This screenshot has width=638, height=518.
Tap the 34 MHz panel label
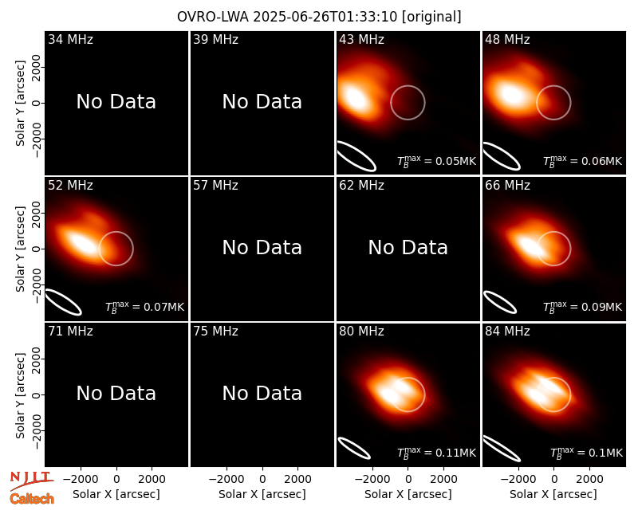[70, 39]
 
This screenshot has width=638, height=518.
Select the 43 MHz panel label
[361, 39]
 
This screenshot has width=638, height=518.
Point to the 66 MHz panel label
[507, 186]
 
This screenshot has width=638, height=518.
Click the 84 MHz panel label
[507, 332]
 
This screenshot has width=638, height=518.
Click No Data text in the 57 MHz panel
[262, 247]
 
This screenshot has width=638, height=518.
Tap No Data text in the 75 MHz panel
[262, 393]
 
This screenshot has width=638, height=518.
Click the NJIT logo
[31, 480]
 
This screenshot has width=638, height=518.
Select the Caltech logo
[32, 499]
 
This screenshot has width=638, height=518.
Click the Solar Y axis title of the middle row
[20, 249]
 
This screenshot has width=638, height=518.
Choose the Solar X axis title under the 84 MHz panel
[553, 494]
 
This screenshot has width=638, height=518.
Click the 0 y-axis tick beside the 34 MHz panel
[37, 103]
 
